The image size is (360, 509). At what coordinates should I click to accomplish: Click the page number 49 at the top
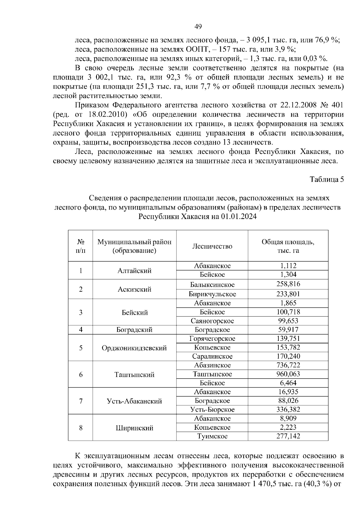tap(198, 27)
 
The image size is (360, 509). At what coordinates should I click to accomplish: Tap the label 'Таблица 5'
tap(327, 180)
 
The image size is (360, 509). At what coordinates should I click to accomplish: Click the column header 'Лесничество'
tap(212, 246)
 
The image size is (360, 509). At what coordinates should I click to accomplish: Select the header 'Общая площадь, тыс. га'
tap(288, 246)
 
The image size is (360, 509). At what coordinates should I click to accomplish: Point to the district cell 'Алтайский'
tap(134, 271)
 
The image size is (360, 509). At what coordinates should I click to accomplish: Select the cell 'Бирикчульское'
tap(212, 294)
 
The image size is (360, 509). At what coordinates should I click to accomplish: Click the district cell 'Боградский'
tap(134, 330)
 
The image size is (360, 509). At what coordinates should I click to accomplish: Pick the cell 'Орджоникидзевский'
tap(134, 348)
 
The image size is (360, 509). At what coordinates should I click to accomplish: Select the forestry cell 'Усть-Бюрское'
tap(212, 409)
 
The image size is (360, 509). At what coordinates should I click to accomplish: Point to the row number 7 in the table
tap(80, 401)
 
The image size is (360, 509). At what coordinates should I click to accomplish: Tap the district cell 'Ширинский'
tap(134, 428)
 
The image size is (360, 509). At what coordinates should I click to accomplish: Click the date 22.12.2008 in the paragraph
tap(296, 105)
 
